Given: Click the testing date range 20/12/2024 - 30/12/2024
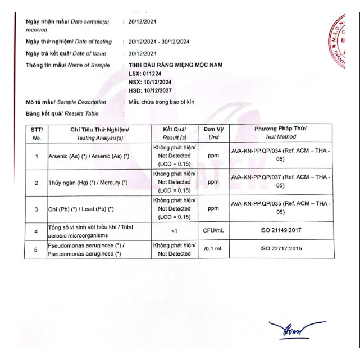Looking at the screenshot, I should [159, 42].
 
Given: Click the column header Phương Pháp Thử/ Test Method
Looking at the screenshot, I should [281, 133].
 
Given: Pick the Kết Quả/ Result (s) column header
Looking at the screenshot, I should [174, 133].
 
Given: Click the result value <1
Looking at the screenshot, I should [174, 230].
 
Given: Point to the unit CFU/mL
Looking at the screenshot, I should [213, 230].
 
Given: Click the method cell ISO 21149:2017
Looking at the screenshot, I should [281, 230].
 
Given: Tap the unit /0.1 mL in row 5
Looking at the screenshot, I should [213, 249].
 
